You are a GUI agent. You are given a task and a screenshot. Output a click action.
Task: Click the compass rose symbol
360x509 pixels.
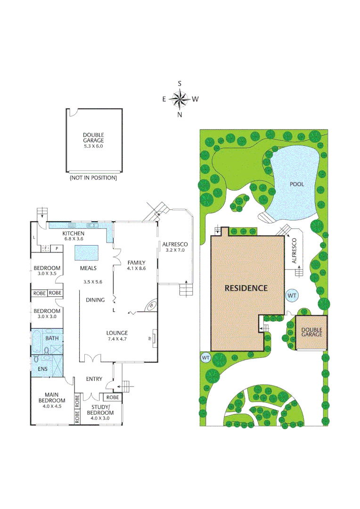tap(180, 99)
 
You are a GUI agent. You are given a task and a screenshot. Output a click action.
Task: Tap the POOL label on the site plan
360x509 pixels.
tap(297, 184)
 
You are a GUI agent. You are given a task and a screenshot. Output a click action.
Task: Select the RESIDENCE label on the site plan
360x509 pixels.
tap(245, 288)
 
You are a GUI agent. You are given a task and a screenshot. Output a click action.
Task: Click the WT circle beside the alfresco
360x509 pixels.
tap(292, 296)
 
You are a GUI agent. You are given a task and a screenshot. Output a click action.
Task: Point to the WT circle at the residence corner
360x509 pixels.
tap(205, 358)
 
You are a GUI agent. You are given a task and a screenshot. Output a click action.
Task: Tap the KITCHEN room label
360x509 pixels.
tap(73, 234)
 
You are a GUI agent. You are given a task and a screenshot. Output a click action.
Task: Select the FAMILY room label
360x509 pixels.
tap(136, 263)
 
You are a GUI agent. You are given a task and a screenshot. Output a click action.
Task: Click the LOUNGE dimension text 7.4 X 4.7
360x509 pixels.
tap(117, 338)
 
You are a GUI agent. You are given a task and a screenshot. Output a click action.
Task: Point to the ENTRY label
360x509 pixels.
tap(94, 379)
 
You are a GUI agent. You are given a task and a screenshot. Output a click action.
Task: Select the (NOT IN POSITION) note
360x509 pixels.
tap(93, 178)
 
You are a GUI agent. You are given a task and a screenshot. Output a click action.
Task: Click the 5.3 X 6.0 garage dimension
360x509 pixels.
tap(93, 146)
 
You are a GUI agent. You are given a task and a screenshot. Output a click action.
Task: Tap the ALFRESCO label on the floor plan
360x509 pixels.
tap(175, 244)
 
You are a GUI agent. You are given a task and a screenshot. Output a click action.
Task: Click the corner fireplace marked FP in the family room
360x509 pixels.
tap(151, 306)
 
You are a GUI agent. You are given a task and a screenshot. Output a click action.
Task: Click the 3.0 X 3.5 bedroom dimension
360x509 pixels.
tap(47, 273)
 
